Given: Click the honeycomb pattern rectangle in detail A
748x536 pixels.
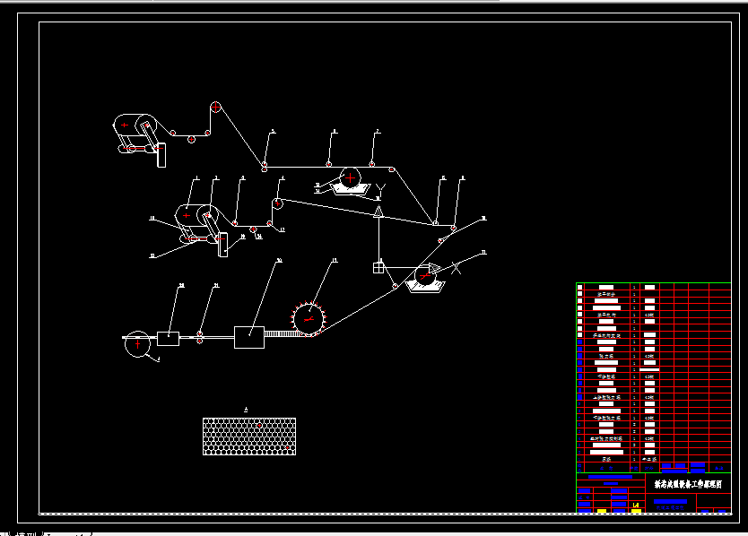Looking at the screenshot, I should tap(248, 435).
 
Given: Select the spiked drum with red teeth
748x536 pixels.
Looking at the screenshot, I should tap(309, 318).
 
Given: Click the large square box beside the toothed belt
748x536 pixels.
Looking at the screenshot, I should tap(249, 337).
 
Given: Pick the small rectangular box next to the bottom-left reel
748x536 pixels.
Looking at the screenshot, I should tap(168, 338).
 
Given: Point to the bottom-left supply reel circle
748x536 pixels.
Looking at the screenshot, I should tap(137, 343).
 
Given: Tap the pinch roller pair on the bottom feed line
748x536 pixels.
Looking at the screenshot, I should tap(200, 337).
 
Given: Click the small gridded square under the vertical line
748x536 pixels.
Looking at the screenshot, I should tap(379, 266).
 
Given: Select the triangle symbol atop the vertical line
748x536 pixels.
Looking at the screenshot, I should tap(379, 212).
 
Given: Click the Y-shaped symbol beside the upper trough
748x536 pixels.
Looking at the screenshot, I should tap(380, 189).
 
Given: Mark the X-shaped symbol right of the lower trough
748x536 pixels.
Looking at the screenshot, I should tap(456, 266).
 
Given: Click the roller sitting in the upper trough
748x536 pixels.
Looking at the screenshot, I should tap(350, 177).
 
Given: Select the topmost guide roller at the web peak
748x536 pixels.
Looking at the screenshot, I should tap(215, 107).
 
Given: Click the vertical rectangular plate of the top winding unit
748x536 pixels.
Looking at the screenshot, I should tap(161, 154).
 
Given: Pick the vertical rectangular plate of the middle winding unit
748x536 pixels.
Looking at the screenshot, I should tap(222, 244).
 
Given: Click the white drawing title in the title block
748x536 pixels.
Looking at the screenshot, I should tap(688, 482).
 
